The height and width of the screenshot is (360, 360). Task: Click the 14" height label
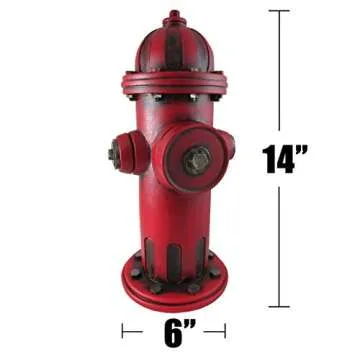click(285, 159)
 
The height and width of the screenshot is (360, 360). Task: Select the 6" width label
click(173, 331)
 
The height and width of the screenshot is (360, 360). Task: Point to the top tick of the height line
click(279, 12)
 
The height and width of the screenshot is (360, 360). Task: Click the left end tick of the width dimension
click(124, 331)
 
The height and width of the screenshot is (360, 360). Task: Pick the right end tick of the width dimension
click(225, 331)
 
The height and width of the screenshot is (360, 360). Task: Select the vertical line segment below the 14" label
click(279, 240)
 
